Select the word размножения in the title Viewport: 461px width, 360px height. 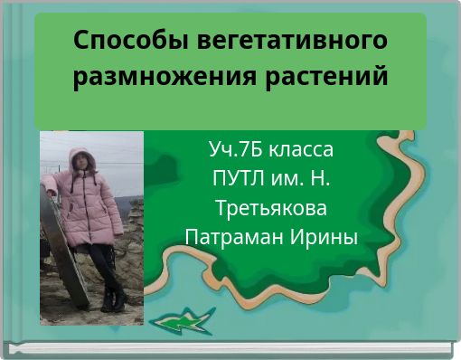[x=165, y=78]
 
